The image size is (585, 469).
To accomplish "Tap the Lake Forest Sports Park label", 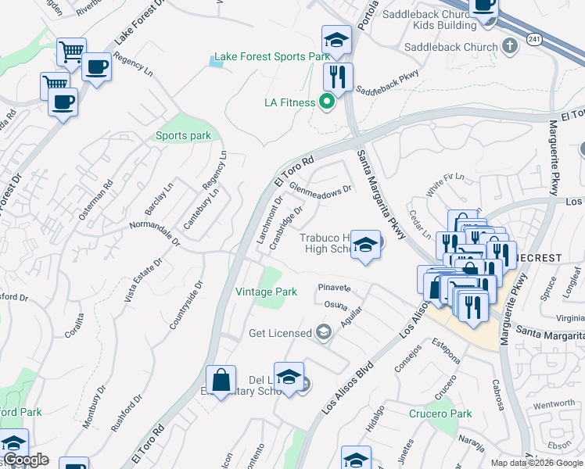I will (271, 57).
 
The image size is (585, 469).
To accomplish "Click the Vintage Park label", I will (267, 292).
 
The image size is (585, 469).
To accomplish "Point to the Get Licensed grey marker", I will (323, 333).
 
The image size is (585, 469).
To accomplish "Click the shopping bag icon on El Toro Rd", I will (221, 380).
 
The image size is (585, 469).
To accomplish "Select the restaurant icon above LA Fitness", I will (338, 76).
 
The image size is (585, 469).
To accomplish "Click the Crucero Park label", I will (440, 414).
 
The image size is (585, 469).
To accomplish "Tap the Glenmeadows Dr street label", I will (321, 188).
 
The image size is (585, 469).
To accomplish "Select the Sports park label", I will (183, 136).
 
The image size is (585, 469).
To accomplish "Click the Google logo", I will (26, 460).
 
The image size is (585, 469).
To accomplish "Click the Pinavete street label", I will (334, 288).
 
